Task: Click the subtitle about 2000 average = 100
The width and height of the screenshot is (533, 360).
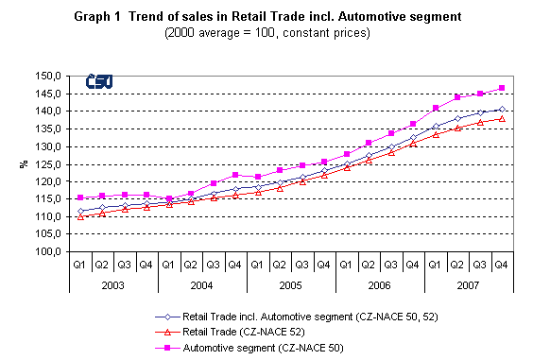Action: coord(266,33)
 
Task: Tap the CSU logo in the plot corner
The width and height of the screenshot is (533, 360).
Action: coord(97,83)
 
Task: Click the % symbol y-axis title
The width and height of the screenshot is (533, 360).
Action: coord(23,164)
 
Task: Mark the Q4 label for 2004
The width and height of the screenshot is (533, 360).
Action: coord(235,265)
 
